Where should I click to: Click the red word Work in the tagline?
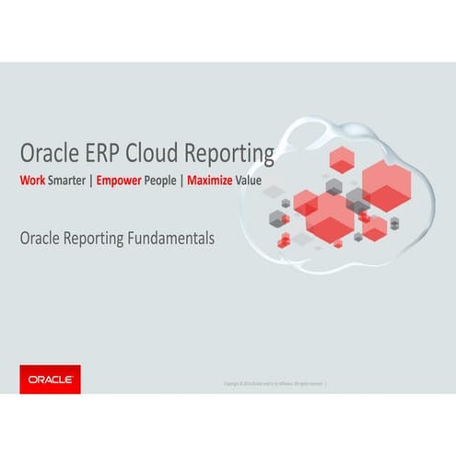click(32, 181)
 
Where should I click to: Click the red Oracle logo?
click(50, 379)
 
